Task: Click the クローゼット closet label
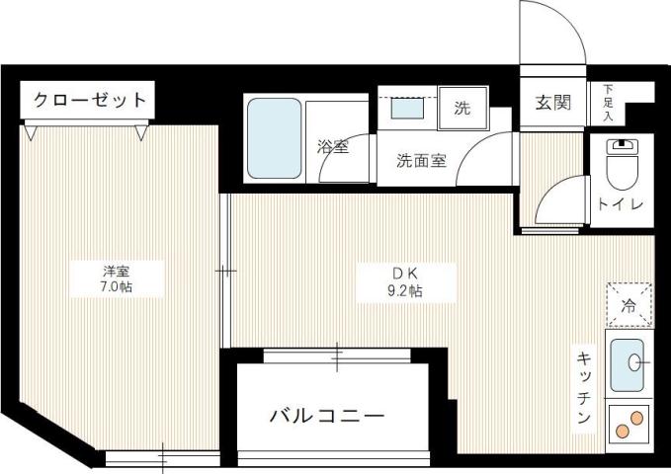pos(89,100)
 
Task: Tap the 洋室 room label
pos(117,270)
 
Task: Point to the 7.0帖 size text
pos(117,287)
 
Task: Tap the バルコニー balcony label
pos(327,417)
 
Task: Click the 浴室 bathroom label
pos(332,148)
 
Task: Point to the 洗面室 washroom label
pos(422,161)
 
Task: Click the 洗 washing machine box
pos(462,110)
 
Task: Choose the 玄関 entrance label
pos(553,102)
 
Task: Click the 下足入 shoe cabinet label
pos(607,102)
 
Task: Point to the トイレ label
pos(621,204)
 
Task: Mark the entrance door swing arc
pos(554,30)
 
